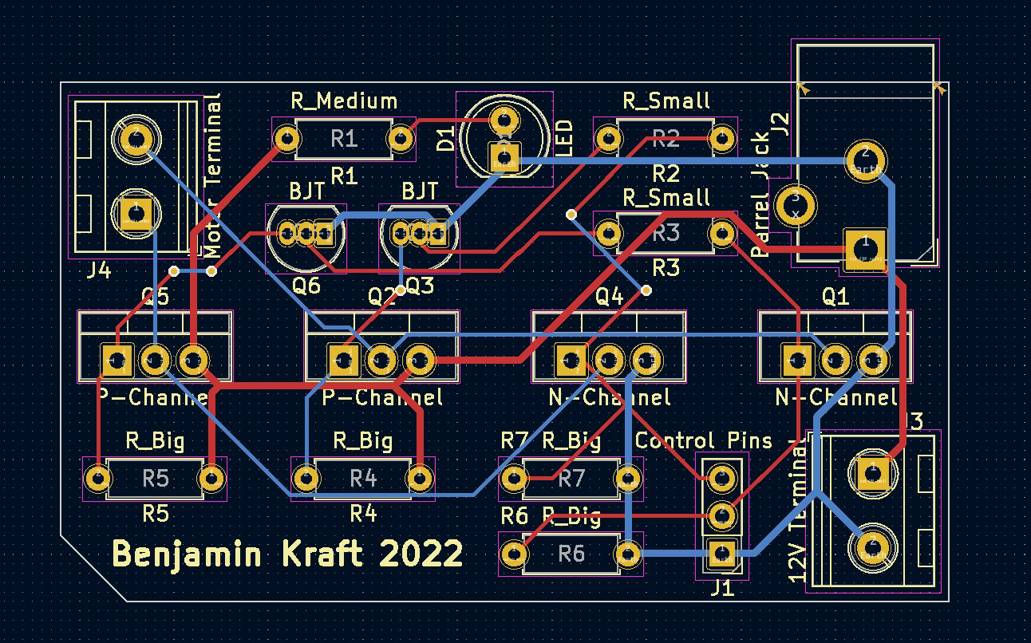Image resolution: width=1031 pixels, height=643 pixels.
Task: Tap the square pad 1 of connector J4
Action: [136, 213]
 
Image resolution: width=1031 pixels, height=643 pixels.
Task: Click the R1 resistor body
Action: [343, 140]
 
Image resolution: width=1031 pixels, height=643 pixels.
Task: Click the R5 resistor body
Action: [156, 479]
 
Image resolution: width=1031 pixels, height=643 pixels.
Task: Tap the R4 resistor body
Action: [363, 479]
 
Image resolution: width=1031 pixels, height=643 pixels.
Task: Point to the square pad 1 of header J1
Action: [721, 552]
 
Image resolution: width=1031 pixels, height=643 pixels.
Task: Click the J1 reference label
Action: [721, 588]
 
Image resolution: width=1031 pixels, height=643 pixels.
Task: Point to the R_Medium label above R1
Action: [343, 101]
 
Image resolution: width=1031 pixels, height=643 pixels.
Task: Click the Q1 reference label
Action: [835, 297]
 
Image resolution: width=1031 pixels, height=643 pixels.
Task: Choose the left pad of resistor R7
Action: [515, 479]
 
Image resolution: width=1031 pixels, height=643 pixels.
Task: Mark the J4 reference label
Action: [98, 271]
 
